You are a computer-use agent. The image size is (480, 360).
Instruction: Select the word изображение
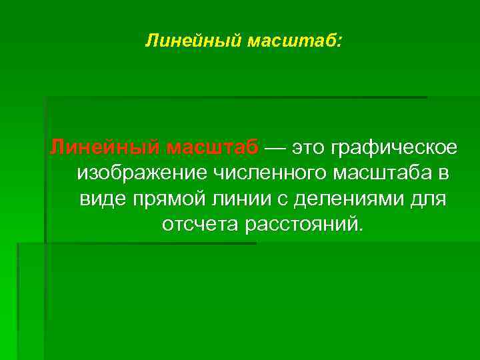(x=142, y=173)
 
